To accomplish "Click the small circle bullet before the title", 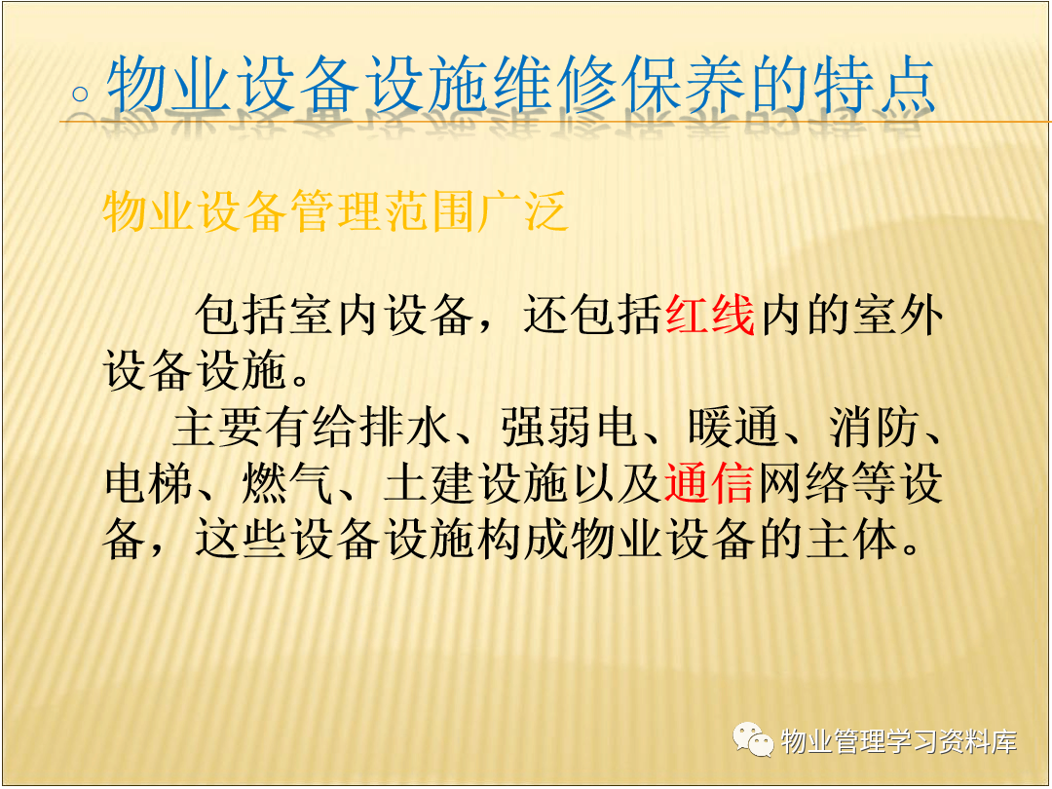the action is tap(81, 94).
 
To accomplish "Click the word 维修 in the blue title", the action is tap(554, 85).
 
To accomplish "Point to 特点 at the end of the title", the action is tap(875, 85).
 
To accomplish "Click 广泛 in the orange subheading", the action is tap(523, 211).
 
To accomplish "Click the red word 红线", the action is tap(710, 315).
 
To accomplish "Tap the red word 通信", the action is tap(709, 483).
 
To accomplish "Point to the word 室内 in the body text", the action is tap(334, 315).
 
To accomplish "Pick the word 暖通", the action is tap(733, 428).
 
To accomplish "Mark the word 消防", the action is tap(874, 428).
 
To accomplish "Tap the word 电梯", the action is tap(149, 483).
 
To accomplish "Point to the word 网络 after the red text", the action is tap(803, 483).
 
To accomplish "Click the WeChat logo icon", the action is tap(753, 740).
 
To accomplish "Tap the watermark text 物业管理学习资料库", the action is tap(899, 741).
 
